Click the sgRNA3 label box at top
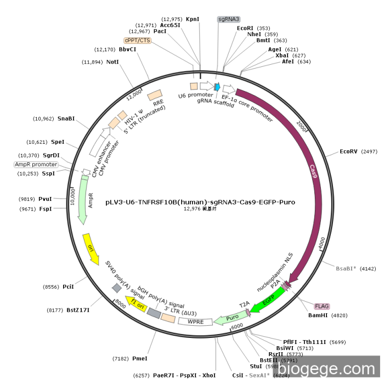coord(229,19)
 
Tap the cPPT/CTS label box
coord(137,40)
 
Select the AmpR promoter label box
coord(36,164)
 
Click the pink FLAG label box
coord(321,306)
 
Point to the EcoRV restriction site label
coord(349,151)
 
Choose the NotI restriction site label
coord(112,62)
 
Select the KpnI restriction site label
coord(193,19)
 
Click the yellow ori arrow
coord(90,247)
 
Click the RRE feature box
coord(155,96)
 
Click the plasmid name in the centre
coord(200,202)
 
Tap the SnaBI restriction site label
coord(66,118)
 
